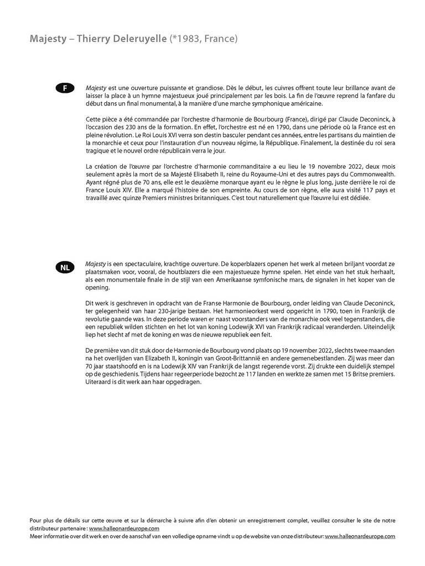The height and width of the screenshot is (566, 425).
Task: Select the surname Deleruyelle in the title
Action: click(139, 39)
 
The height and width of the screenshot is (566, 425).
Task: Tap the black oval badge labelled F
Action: click(65, 88)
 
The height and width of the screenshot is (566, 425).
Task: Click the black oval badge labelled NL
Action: click(65, 268)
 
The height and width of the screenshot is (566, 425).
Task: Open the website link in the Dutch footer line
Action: click(360, 536)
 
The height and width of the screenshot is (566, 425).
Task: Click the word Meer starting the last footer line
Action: click(36, 536)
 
